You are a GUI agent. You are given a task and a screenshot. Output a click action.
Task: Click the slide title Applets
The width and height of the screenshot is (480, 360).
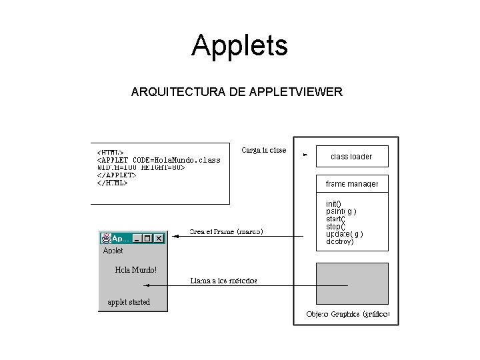click(239, 45)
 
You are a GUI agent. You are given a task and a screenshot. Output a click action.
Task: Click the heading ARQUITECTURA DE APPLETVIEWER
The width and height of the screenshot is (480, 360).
click(237, 91)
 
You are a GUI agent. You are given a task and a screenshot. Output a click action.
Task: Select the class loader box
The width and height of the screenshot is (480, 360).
click(351, 157)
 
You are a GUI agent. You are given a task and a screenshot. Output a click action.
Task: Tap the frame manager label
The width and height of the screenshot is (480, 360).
click(351, 183)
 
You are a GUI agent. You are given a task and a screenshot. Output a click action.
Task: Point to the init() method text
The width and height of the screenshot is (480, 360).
click(333, 203)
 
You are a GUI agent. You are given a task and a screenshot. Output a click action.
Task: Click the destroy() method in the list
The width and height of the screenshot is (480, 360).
click(340, 242)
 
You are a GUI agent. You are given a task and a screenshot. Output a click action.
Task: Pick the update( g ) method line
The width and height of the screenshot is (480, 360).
click(344, 234)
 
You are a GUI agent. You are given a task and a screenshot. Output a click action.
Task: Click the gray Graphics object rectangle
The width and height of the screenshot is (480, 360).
click(351, 283)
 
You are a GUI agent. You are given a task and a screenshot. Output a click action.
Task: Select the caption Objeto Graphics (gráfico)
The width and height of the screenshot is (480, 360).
click(347, 314)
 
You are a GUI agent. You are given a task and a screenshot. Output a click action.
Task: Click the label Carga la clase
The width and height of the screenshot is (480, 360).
click(264, 151)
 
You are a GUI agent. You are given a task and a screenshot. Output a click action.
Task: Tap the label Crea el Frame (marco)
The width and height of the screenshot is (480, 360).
click(226, 232)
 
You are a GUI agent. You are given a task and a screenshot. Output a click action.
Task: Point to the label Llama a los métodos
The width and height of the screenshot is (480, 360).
click(223, 281)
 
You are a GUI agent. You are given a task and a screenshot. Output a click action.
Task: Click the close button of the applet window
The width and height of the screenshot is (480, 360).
click(159, 238)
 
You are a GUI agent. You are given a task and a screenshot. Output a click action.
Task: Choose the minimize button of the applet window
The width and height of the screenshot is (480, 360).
click(137, 238)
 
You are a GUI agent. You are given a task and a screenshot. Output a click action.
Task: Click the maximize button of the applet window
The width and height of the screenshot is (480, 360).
click(147, 238)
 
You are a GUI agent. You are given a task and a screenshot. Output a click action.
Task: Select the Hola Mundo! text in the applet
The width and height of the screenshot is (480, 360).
click(136, 270)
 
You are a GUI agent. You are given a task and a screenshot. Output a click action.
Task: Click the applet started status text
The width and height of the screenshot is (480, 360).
click(129, 302)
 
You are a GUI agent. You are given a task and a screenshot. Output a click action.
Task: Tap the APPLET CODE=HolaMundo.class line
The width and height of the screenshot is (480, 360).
click(159, 160)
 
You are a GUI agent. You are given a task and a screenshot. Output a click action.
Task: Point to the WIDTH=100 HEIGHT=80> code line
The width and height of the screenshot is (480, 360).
click(141, 167)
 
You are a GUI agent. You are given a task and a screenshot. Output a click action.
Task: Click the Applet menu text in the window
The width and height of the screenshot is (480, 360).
click(113, 251)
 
